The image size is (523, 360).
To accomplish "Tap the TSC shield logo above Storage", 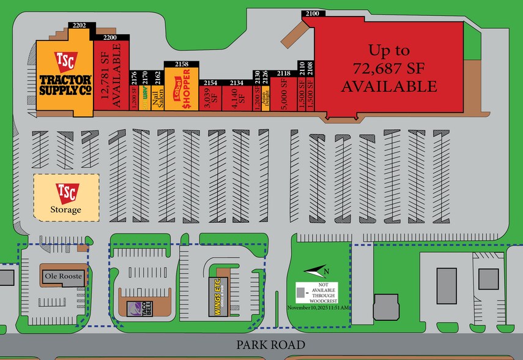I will click(65, 193).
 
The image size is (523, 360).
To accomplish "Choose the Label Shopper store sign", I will click(182, 90).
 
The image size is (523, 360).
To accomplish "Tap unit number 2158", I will click(182, 64).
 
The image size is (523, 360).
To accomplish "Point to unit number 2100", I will click(313, 13).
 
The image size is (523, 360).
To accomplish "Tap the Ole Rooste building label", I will click(63, 276).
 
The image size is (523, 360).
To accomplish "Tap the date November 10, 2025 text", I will click(319, 307).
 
